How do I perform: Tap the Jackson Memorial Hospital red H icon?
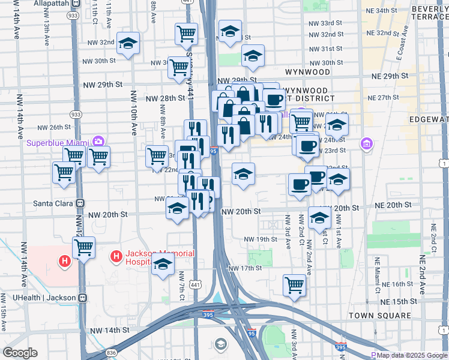pos(116,257)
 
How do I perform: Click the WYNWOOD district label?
pos(307,71)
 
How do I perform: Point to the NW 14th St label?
pos(109,330)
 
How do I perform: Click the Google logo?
pos(20,353)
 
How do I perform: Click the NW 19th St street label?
pos(260,239)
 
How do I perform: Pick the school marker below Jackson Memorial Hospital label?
pos(163,264)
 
